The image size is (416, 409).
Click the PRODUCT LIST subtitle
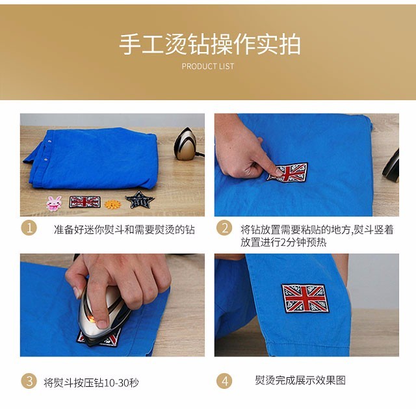pos(208,66)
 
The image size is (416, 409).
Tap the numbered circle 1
pos(29,228)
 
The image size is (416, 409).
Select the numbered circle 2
pos(224,228)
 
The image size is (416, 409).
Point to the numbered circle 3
pos(29,381)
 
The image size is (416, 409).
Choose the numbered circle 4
pos(224,381)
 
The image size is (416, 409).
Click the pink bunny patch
pos(54,203)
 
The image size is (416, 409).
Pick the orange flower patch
pos(112,204)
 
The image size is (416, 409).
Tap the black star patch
pos(140,200)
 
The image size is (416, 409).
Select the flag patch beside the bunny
pos(84,202)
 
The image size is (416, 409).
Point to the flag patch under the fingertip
pos(287,172)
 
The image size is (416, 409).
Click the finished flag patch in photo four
pos(305,298)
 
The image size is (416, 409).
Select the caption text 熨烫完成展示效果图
pos(300,380)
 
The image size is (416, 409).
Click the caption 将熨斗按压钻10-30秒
pos(91,382)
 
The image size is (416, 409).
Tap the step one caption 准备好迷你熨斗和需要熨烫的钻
pos(124,230)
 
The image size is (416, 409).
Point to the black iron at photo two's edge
pos(391,166)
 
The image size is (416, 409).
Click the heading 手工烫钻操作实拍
pos(210,44)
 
